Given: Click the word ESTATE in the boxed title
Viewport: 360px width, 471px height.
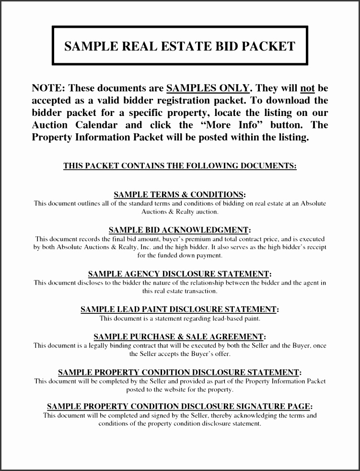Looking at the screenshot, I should point(187,46).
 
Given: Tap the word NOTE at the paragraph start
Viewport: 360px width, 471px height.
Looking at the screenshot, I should point(47,88).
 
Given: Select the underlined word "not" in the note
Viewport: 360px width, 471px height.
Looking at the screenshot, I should point(307,88).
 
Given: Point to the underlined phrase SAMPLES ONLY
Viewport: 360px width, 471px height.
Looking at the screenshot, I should point(208,88).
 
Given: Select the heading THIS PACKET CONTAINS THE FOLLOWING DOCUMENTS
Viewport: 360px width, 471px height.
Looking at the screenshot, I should point(180,166).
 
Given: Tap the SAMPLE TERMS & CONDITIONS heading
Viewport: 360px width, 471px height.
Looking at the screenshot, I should point(179,195).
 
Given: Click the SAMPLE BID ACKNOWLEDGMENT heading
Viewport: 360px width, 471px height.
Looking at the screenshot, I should point(179,230).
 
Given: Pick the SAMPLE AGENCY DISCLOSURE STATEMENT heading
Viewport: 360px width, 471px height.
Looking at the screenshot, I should point(179,274).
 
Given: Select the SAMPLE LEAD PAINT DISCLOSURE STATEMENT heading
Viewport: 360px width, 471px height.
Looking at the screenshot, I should point(179,310).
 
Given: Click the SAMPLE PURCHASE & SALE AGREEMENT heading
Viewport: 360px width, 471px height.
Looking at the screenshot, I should point(179,337).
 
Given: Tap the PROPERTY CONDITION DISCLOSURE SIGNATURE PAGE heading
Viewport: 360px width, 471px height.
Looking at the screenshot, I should point(179,406).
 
